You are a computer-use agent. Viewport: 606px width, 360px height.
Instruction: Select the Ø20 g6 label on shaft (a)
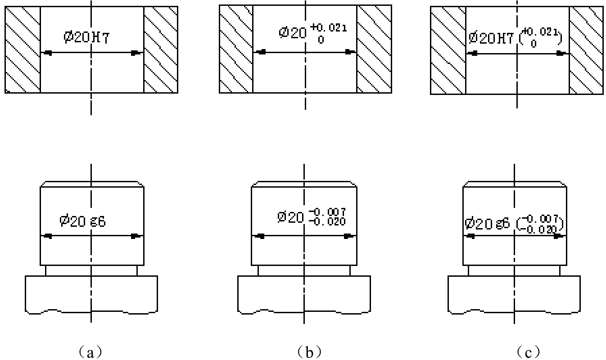pos(82,221)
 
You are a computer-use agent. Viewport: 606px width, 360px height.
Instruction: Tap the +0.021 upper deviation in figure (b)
pos(328,27)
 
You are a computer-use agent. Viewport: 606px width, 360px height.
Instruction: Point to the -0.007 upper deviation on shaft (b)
pos(327,211)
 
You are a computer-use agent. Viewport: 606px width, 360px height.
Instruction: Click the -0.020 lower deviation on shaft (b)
pos(327,221)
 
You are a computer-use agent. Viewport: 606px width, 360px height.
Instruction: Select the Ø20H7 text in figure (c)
pos(491,38)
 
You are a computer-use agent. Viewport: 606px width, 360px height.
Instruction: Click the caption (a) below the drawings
pos(90,352)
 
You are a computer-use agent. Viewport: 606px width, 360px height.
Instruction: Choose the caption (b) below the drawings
pos(309,352)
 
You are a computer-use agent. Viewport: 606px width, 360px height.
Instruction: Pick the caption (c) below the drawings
pos(528,352)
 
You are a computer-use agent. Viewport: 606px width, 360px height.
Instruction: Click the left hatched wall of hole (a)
pos(23,50)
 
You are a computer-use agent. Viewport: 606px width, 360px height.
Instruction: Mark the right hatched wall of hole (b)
pos(374,49)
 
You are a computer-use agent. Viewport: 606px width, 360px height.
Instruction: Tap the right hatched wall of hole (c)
pos(586,50)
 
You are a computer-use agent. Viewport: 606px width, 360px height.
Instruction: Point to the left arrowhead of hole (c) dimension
pos(472,54)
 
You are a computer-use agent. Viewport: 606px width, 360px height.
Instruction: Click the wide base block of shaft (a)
pos(91,295)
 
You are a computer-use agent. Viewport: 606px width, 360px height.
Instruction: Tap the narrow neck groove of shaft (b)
pos(304,270)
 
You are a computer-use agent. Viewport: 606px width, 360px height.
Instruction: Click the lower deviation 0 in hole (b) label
pos(321,40)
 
